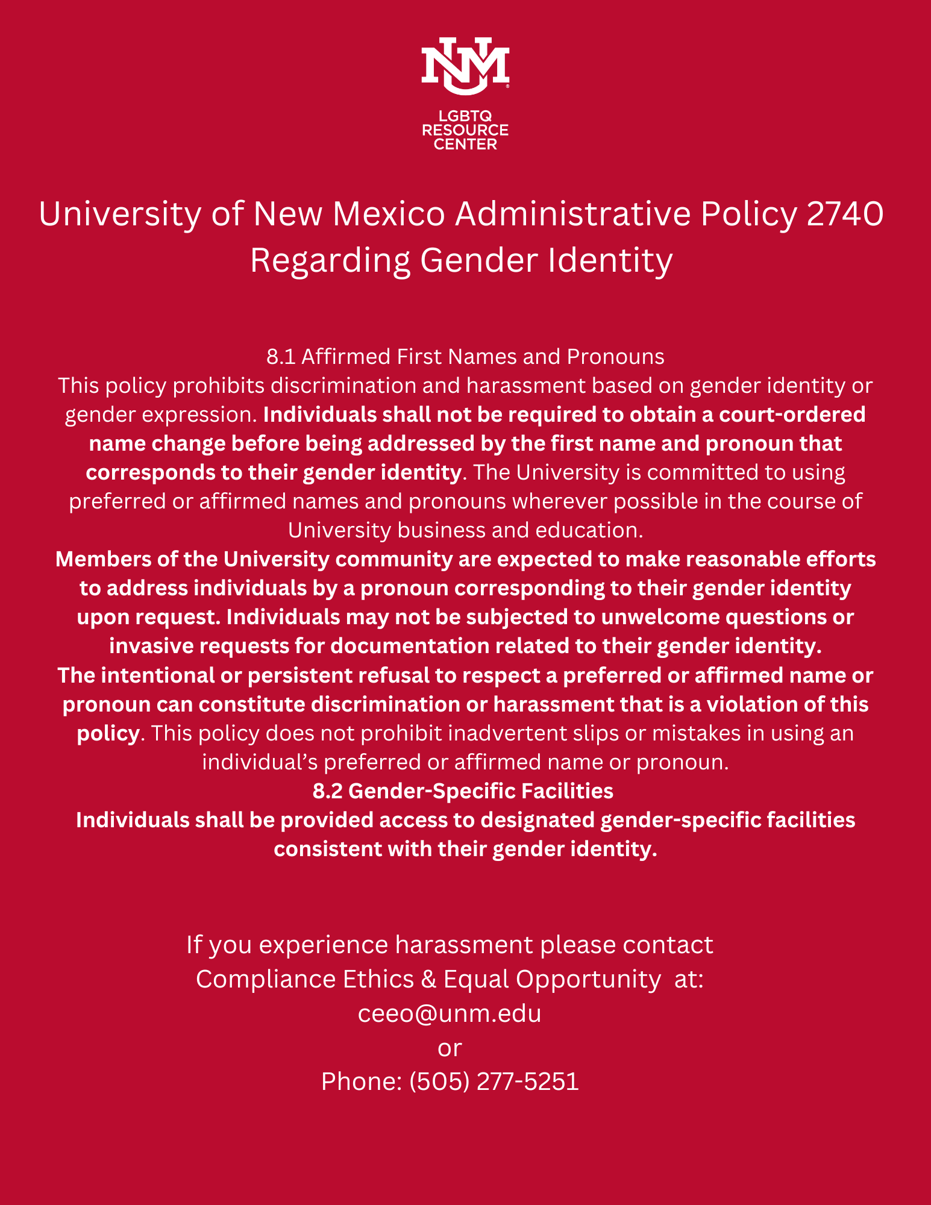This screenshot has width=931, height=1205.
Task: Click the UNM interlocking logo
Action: point(465,66)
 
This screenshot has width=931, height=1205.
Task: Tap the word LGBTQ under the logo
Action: point(465,116)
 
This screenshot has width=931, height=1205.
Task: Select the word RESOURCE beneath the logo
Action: point(465,130)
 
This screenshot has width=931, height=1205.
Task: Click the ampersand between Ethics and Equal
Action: point(429,980)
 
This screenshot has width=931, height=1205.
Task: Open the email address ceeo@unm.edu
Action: point(450,1013)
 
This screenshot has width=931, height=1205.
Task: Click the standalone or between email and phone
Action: point(450,1048)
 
